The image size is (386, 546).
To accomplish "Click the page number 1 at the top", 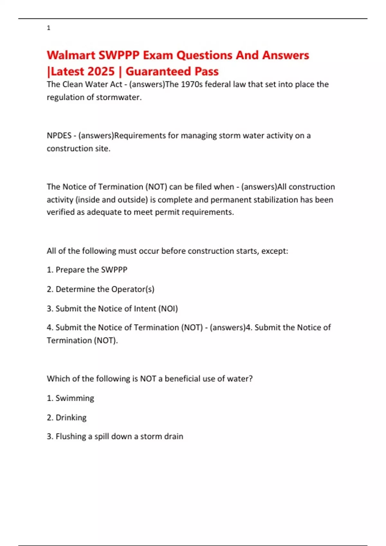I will [x=49, y=28].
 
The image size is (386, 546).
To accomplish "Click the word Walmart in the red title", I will [x=71, y=55].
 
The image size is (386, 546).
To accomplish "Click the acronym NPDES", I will [x=59, y=136].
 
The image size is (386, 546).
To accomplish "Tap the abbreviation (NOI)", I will [x=168, y=309].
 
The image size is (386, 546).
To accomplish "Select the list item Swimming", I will [x=75, y=398].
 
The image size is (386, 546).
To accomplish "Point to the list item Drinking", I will [x=71, y=418].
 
